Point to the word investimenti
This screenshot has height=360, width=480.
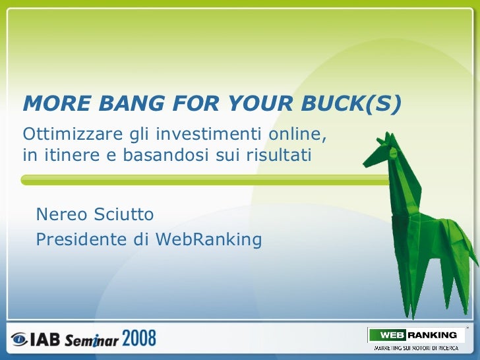210,135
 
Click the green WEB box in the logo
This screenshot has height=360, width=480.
387,335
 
